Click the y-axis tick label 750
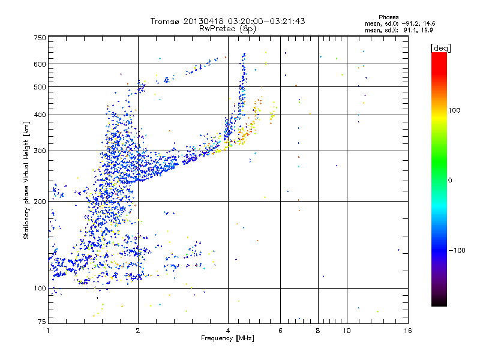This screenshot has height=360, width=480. pos(40,37)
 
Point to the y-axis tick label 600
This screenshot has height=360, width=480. pos(40,64)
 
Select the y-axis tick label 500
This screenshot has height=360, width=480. pos(40,87)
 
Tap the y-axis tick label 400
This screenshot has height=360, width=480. pos(40,115)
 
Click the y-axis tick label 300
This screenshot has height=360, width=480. pos(40,151)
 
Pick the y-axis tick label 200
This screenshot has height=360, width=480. pos(40,202)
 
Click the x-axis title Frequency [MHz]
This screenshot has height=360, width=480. pos(227,339)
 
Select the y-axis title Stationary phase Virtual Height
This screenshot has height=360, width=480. pos(26,180)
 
